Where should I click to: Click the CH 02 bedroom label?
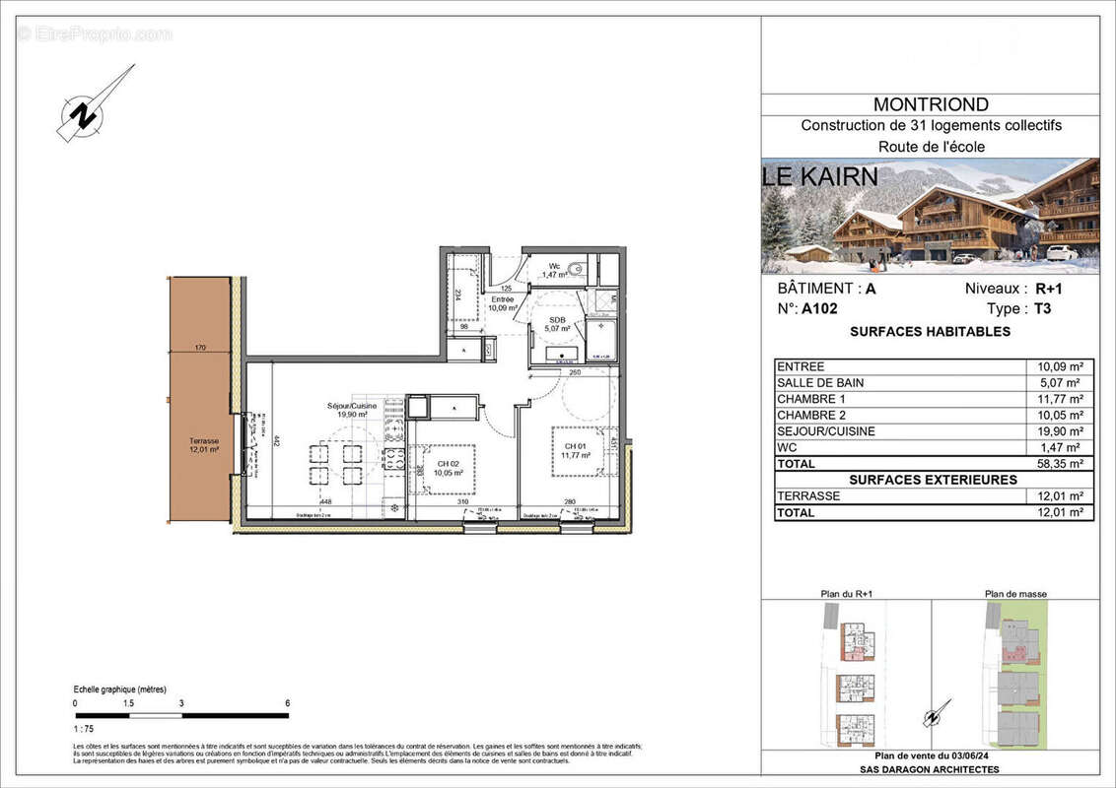tap(448, 467)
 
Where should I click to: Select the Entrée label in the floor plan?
tap(503, 302)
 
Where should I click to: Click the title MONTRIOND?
tap(931, 104)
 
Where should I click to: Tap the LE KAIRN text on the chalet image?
tap(819, 178)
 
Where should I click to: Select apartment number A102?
tap(818, 308)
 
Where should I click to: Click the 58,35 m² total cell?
tap(1060, 463)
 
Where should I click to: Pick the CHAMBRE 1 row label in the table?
tap(811, 399)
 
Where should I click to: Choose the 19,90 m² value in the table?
tap(1060, 431)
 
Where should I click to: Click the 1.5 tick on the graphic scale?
tap(128, 704)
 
